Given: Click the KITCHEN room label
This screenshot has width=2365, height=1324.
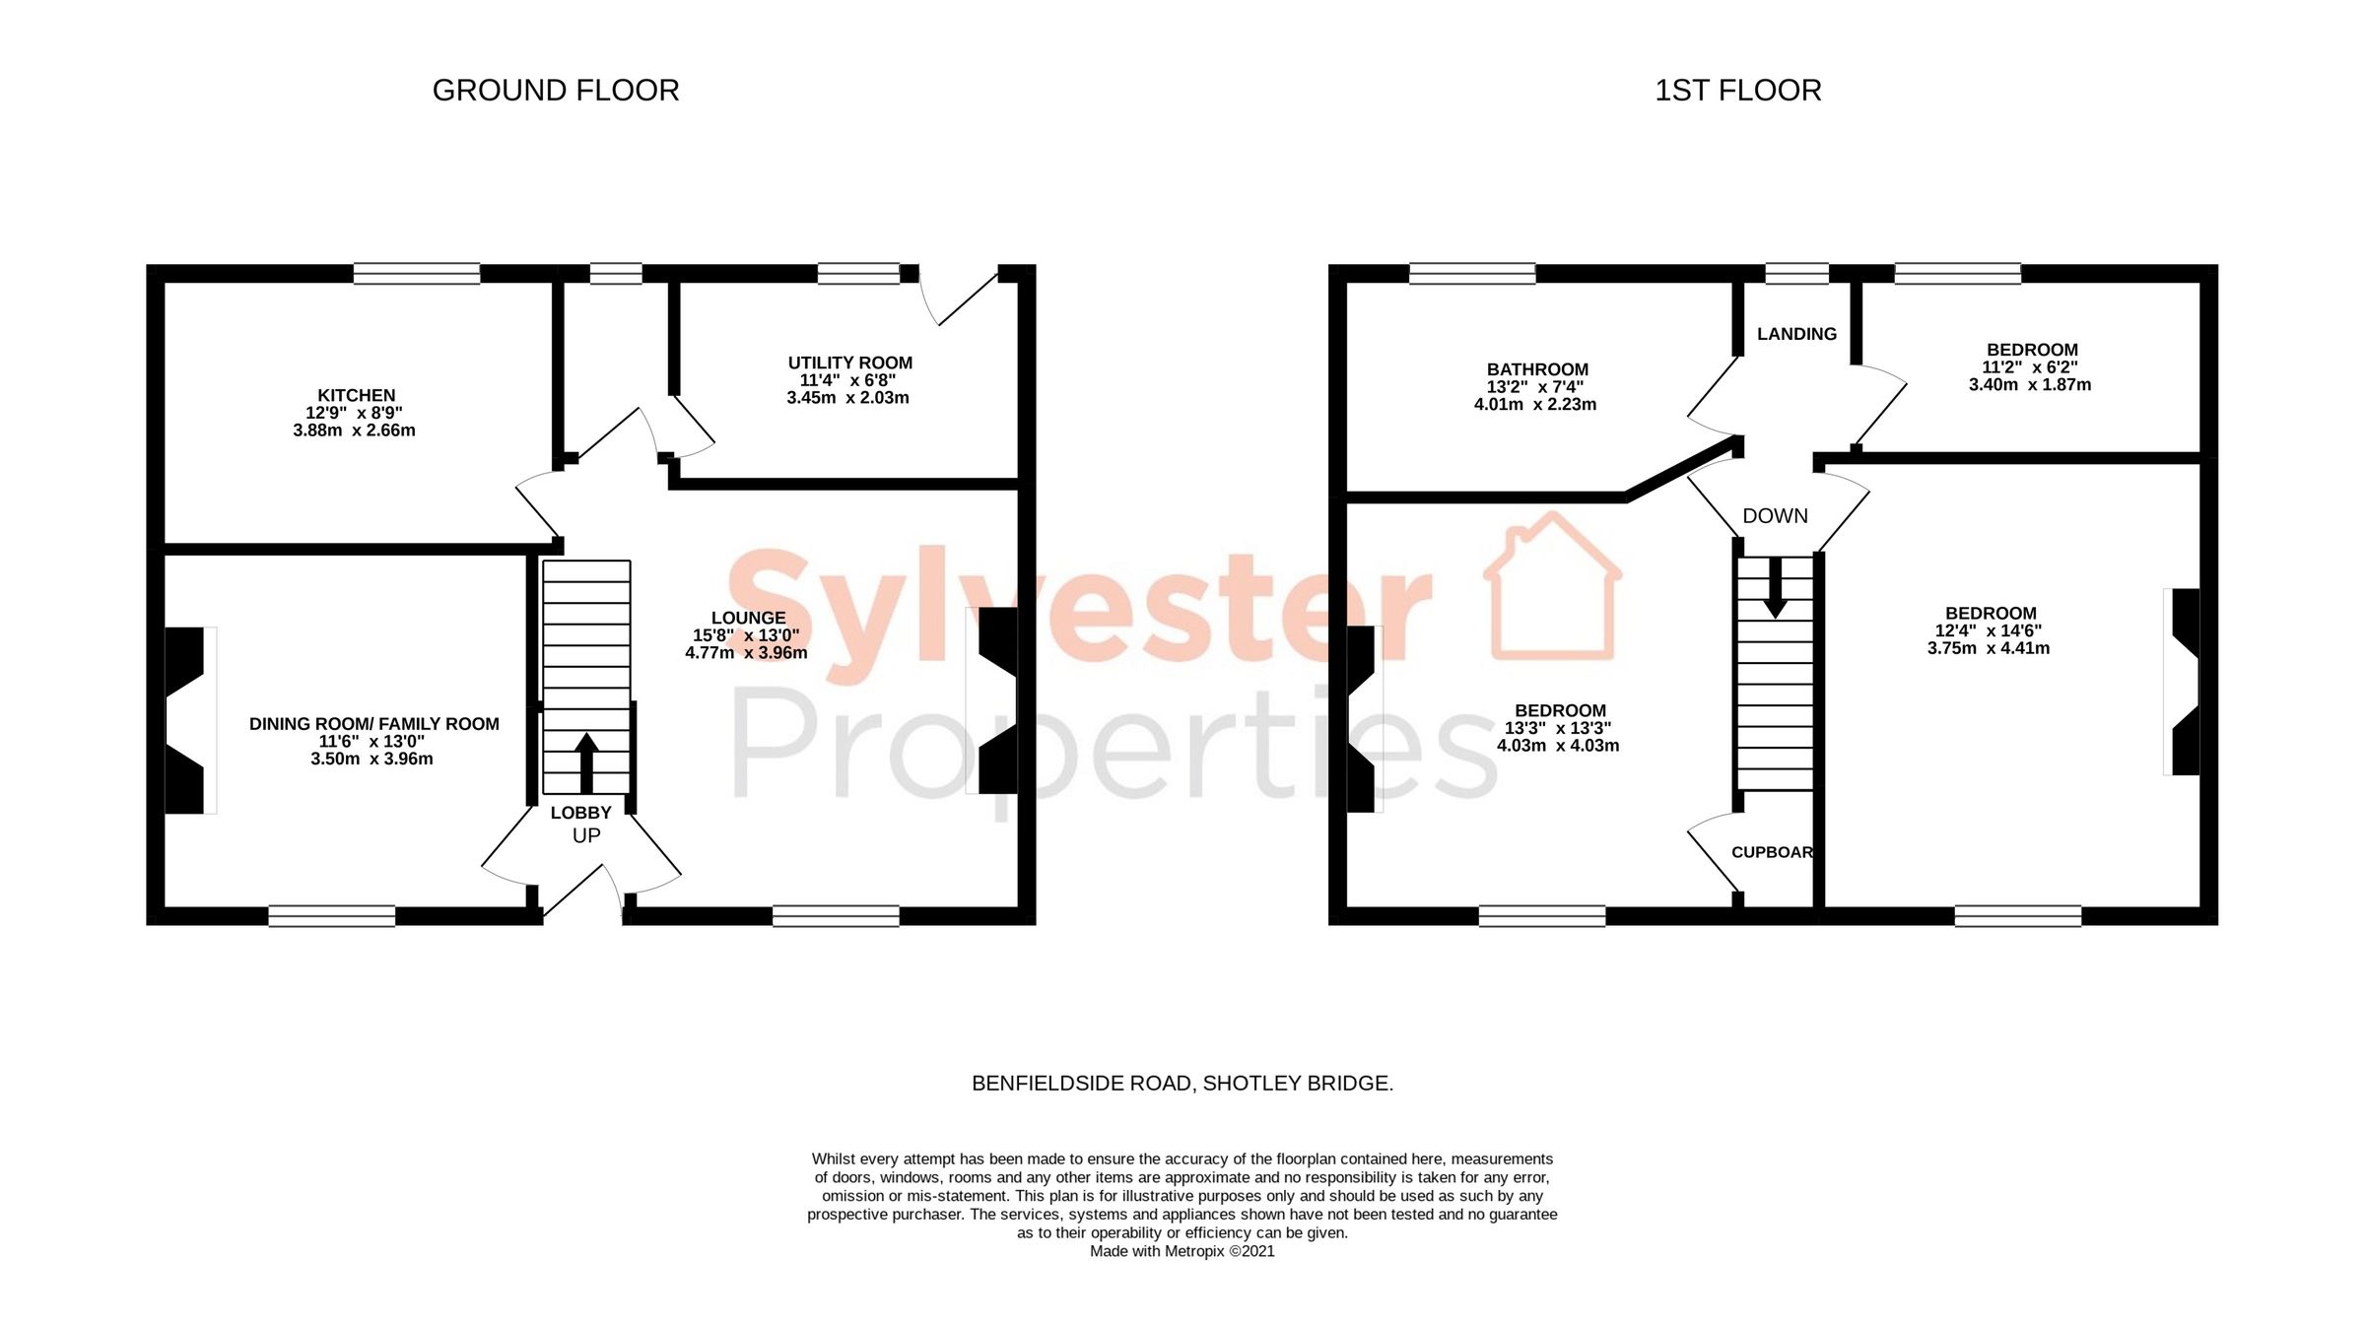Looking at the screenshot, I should click(x=356, y=395).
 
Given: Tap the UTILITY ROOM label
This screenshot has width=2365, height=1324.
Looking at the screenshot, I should click(x=849, y=363).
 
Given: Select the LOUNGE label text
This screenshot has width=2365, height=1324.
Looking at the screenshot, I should click(x=748, y=618).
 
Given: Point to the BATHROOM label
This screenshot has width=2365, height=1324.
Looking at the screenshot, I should click(x=1537, y=369).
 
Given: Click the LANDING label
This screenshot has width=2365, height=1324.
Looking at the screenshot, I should click(x=1796, y=334).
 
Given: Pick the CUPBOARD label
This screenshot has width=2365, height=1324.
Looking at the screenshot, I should click(x=1772, y=852).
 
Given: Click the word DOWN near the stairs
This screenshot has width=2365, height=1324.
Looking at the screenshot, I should click(x=1775, y=516).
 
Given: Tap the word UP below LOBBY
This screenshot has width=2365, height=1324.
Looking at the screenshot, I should click(x=586, y=836).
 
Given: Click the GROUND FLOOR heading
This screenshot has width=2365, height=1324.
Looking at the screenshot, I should click(x=556, y=91).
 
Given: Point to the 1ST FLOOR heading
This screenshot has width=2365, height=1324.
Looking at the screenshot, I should click(x=1737, y=91).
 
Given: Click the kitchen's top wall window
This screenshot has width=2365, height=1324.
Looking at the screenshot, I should click(x=417, y=273).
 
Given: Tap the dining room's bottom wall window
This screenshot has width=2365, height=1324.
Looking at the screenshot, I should click(x=332, y=916).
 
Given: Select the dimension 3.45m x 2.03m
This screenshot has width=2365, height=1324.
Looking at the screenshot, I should click(x=847, y=398).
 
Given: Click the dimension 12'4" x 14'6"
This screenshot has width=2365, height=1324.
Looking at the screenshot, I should click(x=1989, y=630).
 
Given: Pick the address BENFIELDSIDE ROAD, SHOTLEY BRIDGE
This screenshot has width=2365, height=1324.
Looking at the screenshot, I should click(x=1182, y=1084).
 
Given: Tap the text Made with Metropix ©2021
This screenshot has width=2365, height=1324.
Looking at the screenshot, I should click(x=1182, y=1251).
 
